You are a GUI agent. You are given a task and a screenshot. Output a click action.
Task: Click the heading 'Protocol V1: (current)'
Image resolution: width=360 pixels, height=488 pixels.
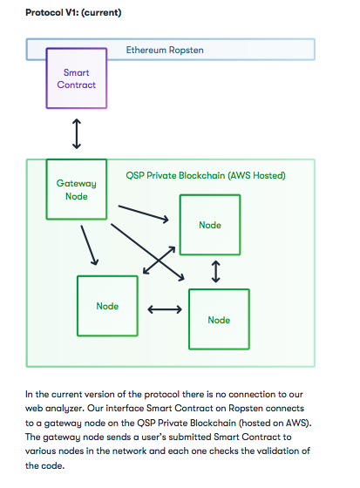[73, 13]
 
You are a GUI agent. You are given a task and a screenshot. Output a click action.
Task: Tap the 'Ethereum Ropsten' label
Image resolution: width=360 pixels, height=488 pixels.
[165, 50]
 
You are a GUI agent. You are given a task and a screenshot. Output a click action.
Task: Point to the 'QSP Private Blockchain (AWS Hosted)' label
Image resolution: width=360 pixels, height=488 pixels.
[206, 175]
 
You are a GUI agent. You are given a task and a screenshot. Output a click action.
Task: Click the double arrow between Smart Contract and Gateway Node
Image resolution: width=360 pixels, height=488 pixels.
[77, 134]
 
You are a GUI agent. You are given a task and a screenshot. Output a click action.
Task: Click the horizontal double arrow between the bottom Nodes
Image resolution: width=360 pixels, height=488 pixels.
[165, 309]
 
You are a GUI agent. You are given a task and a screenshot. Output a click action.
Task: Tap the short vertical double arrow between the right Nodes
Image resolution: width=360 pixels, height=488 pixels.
[216, 272]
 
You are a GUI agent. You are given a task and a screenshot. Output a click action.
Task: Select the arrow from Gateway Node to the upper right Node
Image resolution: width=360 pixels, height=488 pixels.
[143, 213]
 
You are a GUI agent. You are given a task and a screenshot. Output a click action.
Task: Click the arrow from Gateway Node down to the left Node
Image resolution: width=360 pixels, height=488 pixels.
[90, 245]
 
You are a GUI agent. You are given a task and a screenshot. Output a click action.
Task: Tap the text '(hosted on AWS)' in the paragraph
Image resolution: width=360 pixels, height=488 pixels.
[275, 423]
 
